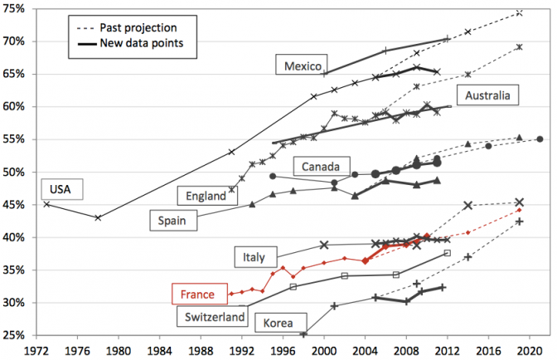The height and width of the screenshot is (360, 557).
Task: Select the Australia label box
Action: (x=492, y=97)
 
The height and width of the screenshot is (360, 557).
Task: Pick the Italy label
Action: (x=255, y=257)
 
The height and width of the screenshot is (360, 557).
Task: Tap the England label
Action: (x=202, y=196)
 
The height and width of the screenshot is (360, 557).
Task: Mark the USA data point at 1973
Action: (x=46, y=204)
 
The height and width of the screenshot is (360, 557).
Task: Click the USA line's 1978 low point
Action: (x=98, y=217)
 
